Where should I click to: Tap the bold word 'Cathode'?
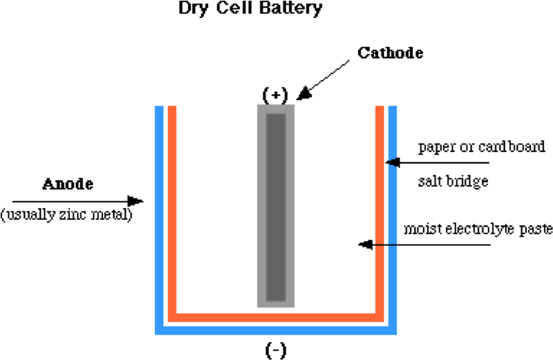click(x=391, y=53)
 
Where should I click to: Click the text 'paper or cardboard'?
click(x=482, y=147)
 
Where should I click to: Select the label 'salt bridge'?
click(x=453, y=182)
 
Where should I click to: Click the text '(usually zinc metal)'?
click(x=66, y=214)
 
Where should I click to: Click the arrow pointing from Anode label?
click(x=76, y=201)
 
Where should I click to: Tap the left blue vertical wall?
click(x=159, y=214)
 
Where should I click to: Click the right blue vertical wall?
click(x=393, y=214)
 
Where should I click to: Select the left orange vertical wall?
click(x=172, y=207)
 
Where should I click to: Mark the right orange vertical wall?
click(x=379, y=207)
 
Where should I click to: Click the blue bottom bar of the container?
click(x=275, y=330)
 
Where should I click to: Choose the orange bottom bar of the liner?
click(x=275, y=317)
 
